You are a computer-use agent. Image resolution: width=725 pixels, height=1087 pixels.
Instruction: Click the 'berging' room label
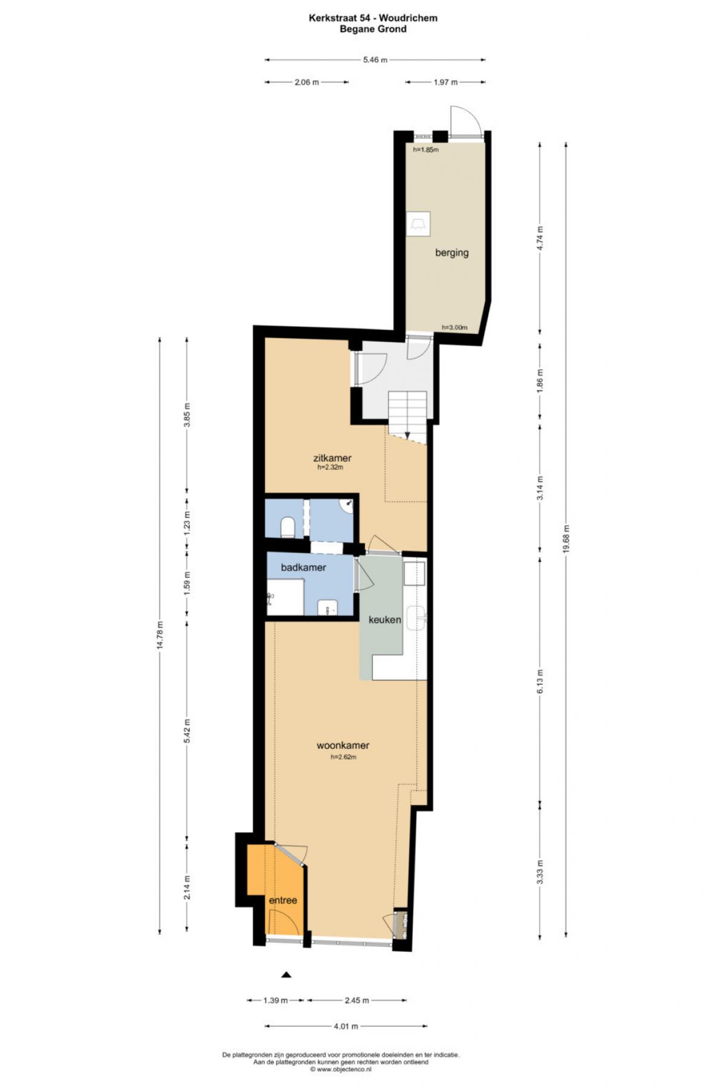452,253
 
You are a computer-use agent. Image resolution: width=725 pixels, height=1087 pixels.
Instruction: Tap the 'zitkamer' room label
332,458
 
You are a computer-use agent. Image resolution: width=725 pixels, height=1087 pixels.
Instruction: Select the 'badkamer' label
303,568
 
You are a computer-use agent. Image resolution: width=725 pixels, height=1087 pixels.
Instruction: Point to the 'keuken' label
385,620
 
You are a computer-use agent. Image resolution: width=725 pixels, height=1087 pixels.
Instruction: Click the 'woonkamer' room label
343,745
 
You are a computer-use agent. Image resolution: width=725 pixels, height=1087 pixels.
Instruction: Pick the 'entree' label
283,900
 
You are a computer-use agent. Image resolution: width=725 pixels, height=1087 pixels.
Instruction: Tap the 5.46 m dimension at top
375,60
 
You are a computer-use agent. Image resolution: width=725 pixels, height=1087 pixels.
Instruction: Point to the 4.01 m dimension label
346,1026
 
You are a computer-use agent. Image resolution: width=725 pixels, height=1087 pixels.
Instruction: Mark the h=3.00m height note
454,327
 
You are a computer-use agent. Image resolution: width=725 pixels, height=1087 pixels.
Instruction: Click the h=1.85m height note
426,150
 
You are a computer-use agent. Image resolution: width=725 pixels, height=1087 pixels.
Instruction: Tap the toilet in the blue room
288,527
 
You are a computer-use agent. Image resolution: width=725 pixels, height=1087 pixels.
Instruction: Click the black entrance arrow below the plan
286,974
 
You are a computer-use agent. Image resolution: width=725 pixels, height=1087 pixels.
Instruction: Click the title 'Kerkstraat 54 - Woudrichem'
373,18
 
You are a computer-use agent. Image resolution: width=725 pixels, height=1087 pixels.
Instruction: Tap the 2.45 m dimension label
356,1001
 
